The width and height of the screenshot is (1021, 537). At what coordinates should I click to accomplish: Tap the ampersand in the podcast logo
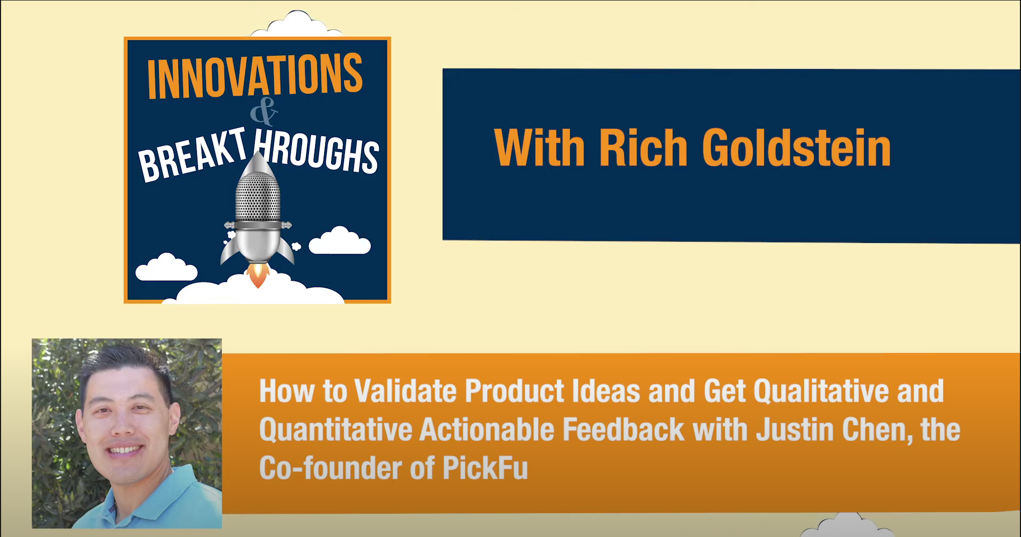point(264,112)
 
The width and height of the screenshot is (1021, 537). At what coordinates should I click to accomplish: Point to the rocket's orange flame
point(258,275)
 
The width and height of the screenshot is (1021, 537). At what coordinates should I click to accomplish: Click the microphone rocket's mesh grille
point(258,196)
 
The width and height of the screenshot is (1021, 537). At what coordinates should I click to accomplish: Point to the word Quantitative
point(336,430)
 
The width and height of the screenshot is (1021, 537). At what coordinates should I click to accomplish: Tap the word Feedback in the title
point(624,429)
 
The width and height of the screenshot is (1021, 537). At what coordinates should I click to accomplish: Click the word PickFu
point(485,468)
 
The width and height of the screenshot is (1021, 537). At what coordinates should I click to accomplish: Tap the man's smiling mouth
point(125,451)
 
